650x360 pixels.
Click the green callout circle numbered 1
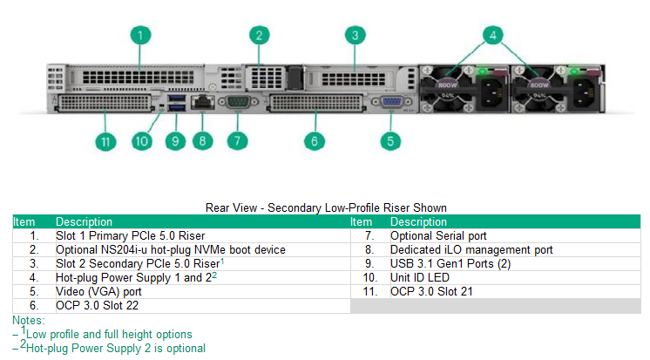pos(140,36)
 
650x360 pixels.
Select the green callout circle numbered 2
pos(258,36)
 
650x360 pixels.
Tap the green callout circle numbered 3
pos(354,36)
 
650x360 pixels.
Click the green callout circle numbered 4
pos(492,36)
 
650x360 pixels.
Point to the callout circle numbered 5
pos(391,139)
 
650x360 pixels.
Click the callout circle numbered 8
pos(203,139)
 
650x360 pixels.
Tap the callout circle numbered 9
pos(174,139)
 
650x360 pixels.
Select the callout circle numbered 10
pos(143,139)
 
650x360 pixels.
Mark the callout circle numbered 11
pos(105,140)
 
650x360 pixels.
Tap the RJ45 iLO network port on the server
pos(202,102)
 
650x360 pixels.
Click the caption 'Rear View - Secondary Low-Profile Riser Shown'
pos(326,207)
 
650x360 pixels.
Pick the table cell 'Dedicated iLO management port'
pos(471,249)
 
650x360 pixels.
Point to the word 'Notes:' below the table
pos(29,320)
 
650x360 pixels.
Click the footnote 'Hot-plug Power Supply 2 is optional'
pos(115,348)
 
